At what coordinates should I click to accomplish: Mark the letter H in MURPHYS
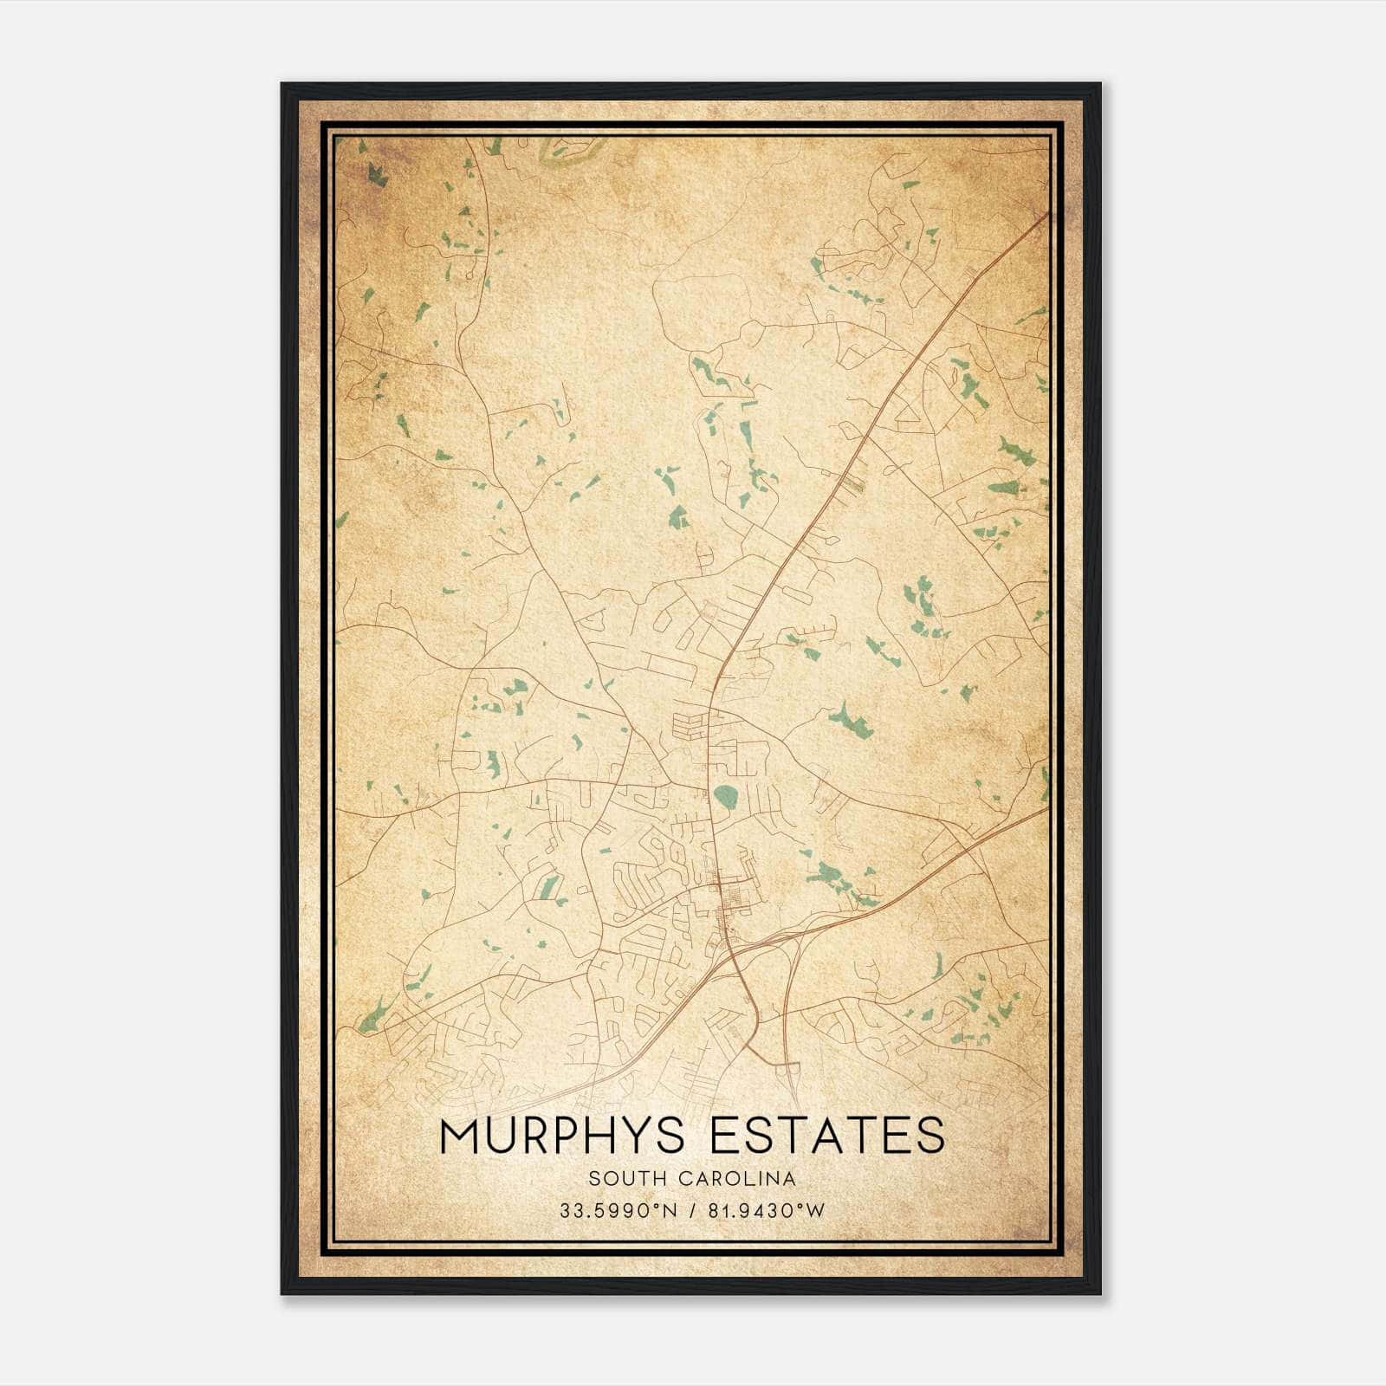pos(592,1136)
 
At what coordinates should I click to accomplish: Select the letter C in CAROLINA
pos(685,1179)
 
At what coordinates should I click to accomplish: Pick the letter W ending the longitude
pos(816,1210)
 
